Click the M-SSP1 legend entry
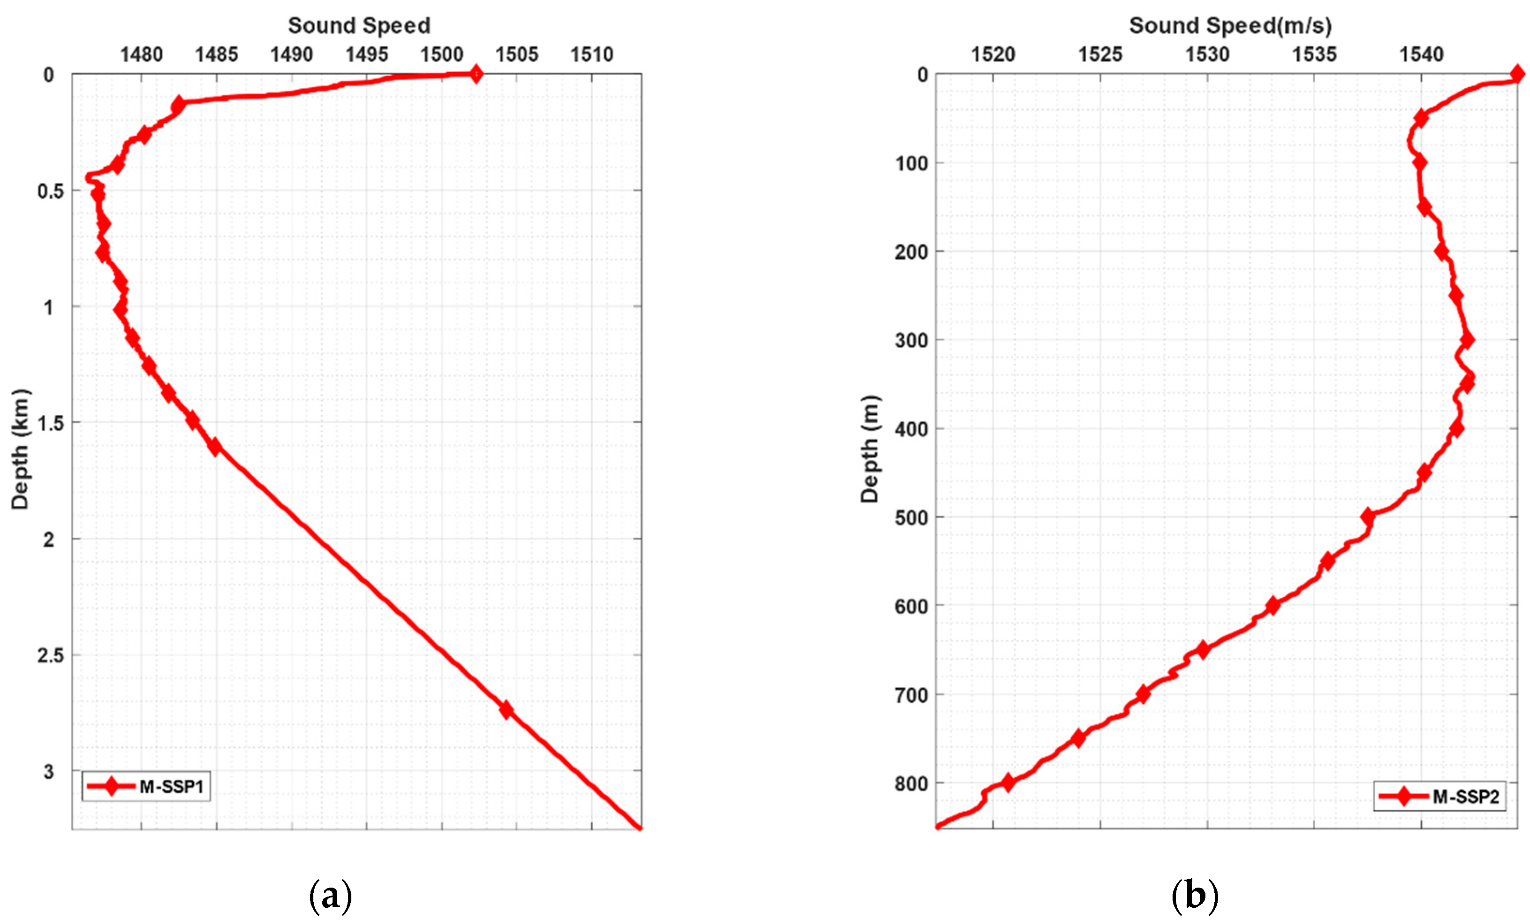point(146,786)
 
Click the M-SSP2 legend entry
point(1439,796)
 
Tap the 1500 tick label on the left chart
point(441,54)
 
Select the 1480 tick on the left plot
point(141,54)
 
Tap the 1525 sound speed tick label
point(1100,54)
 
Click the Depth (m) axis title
point(870,449)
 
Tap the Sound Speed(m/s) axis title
point(1230,25)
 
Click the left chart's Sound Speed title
point(359,25)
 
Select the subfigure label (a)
point(330,895)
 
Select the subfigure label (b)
point(1195,895)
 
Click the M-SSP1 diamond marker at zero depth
point(475,75)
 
